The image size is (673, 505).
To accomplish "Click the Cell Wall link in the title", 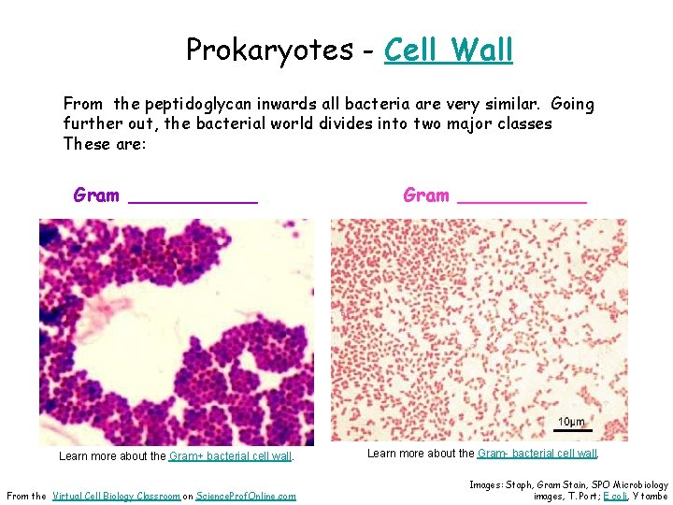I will coord(448,49).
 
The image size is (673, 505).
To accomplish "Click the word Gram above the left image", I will coord(96,195).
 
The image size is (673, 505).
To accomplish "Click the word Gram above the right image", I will coord(426,195).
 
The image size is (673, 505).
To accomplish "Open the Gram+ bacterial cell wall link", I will coord(230,457).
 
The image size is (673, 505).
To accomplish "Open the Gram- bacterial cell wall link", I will coord(537,454).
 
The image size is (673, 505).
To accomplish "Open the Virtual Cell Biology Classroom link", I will coord(117,497).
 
